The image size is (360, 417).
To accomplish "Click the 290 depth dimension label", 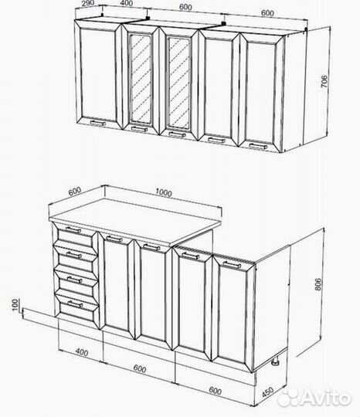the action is [x=88, y=3].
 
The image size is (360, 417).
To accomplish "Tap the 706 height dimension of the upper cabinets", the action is [x=324, y=82].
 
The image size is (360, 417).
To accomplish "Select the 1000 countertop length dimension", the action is [x=164, y=192].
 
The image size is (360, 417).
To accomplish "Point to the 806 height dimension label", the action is [x=318, y=284].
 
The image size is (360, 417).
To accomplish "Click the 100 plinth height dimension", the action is [x=15, y=304].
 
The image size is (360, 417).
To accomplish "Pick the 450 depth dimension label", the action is [x=267, y=392].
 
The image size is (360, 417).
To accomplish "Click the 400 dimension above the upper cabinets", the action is [x=127, y=3].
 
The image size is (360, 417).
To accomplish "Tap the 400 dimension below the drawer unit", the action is [x=82, y=352].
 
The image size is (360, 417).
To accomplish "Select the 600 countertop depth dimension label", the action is [x=74, y=191].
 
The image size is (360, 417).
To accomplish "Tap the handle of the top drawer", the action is [x=73, y=230].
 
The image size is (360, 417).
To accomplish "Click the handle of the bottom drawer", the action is [x=75, y=304].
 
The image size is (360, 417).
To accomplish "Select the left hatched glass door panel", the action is [x=141, y=79].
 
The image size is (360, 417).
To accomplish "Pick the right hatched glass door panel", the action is [x=179, y=83].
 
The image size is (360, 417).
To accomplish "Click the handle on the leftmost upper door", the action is [x=98, y=123].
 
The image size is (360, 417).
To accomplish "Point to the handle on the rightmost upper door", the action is [x=258, y=146].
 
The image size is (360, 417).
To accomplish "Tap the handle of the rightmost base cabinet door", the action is [x=232, y=265].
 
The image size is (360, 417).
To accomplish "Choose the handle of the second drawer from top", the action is [x=73, y=256].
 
